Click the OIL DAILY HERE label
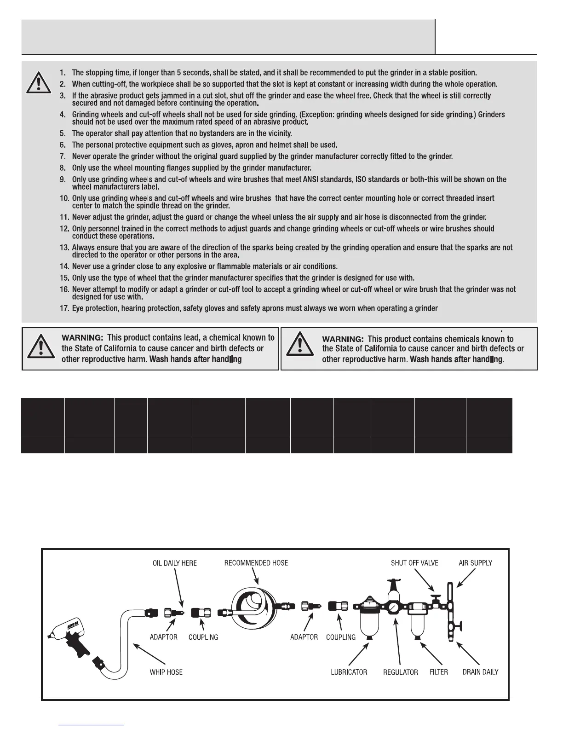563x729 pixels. coord(174,563)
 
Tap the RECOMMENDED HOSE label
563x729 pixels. coord(256,563)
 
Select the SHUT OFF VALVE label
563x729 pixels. coord(414,563)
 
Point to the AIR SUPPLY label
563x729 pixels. coord(475,563)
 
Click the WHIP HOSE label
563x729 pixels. coord(166,672)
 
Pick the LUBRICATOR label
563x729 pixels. coord(349,672)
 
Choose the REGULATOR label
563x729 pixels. coord(401,672)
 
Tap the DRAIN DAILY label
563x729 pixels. coord(480,672)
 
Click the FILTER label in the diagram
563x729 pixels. coord(439,672)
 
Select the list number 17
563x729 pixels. coord(64,308)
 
